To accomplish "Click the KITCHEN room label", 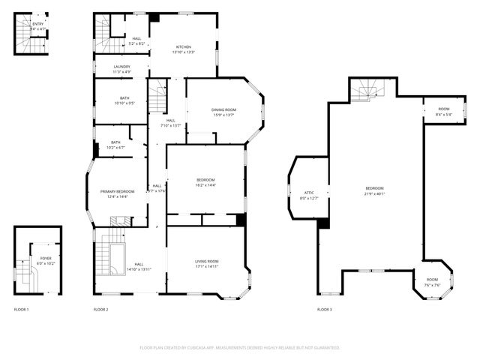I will point(184,46).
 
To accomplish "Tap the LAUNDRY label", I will point(121,67).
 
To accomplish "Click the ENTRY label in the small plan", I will point(37,24).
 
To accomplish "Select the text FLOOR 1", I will point(22,310).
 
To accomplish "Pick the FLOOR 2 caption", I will point(101,310).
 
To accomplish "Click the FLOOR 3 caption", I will point(324,310).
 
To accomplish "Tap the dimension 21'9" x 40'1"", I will point(375,193).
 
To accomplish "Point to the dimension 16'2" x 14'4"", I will point(205,184).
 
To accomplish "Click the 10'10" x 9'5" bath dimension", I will point(124,103).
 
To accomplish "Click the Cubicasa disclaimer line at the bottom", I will point(240,348).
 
